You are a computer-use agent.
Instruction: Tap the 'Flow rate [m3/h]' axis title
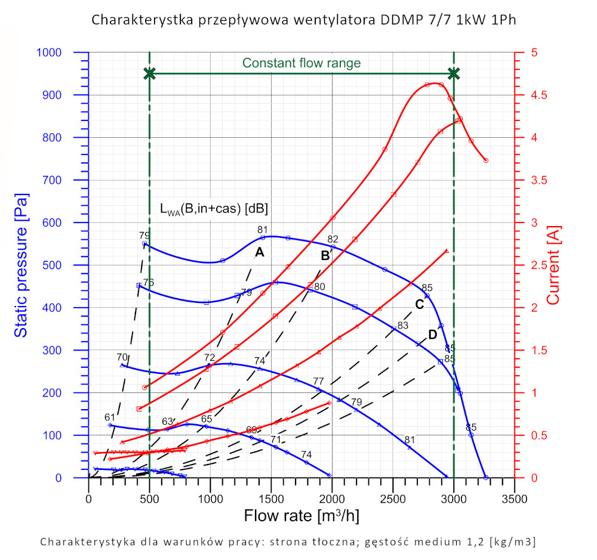pyautogui.click(x=301, y=514)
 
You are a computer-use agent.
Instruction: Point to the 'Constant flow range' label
pyautogui.click(x=301, y=63)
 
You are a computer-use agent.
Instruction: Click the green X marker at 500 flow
pyautogui.click(x=150, y=73)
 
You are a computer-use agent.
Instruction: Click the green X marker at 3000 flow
pyautogui.click(x=454, y=73)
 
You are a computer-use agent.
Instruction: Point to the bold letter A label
pyautogui.click(x=259, y=252)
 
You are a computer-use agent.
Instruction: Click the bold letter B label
pyautogui.click(x=325, y=256)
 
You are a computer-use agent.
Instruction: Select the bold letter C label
pyautogui.click(x=419, y=304)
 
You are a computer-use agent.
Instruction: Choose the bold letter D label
pyautogui.click(x=432, y=335)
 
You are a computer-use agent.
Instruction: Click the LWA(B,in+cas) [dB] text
pyautogui.click(x=213, y=209)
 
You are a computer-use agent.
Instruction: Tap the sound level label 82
pyautogui.click(x=333, y=239)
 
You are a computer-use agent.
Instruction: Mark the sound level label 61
pyautogui.click(x=109, y=417)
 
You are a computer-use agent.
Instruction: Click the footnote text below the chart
pyautogui.click(x=288, y=542)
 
